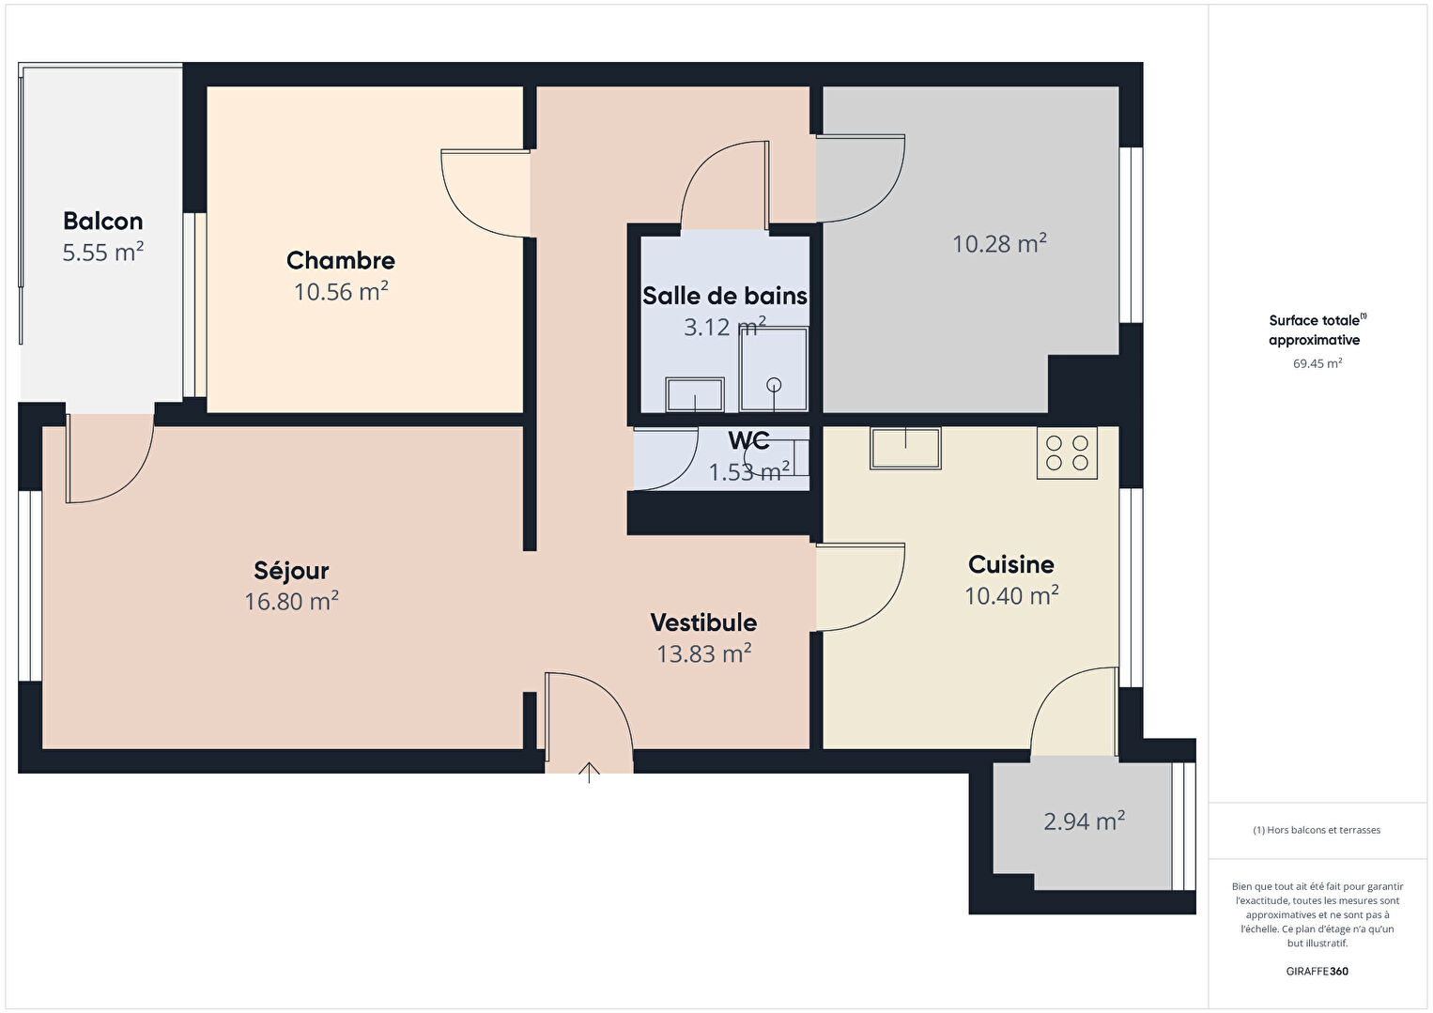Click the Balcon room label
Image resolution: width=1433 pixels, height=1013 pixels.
(x=103, y=222)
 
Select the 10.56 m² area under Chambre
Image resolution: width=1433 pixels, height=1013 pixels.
(x=341, y=292)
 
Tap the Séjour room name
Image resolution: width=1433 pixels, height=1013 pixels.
(x=291, y=571)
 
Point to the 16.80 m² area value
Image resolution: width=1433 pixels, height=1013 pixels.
(x=291, y=601)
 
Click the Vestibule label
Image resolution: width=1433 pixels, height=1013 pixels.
(x=703, y=622)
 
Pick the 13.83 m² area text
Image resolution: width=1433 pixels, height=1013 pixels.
(x=703, y=653)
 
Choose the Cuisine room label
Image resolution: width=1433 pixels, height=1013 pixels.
(x=1010, y=564)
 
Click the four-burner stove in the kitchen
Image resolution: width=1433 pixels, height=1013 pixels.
(x=1067, y=453)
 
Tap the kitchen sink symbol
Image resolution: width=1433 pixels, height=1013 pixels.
(x=905, y=449)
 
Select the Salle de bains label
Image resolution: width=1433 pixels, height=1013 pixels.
(x=725, y=296)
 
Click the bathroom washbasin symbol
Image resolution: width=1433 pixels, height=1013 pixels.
(x=695, y=394)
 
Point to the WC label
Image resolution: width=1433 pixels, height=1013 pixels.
(x=748, y=440)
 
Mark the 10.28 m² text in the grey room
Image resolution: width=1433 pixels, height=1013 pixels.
(x=999, y=244)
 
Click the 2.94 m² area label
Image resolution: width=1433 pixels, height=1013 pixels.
(x=1085, y=821)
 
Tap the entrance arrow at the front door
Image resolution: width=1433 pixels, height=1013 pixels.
(x=589, y=773)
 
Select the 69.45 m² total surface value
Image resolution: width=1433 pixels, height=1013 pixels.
(x=1317, y=363)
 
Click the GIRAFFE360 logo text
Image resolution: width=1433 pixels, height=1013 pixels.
(x=1317, y=971)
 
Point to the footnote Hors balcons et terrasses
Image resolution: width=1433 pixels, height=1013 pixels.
(x=1317, y=830)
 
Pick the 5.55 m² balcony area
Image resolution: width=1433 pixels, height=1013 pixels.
(x=103, y=252)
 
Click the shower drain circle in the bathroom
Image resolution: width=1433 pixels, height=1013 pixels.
(x=774, y=385)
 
